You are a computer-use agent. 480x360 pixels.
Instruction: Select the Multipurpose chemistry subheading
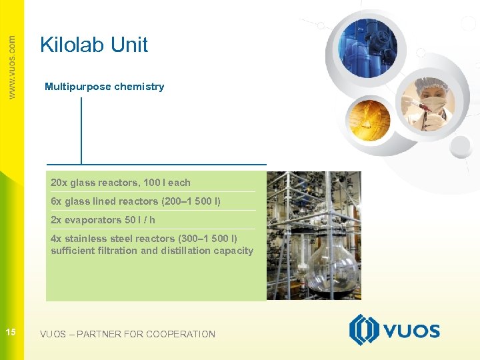pos(104,87)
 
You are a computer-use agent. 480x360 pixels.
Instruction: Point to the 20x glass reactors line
pos(121,183)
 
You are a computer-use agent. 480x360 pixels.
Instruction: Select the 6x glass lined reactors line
pos(135,201)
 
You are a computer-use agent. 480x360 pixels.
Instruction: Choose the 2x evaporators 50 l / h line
pos(103,220)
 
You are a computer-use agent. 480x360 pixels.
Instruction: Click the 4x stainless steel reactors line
pos(144,239)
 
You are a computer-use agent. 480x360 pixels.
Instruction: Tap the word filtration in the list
pos(118,251)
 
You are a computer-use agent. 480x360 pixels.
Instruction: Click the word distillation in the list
pos(182,251)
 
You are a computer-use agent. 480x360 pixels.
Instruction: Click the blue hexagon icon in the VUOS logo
pos(364,330)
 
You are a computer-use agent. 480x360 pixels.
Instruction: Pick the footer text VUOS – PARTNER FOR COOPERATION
pos(127,334)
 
